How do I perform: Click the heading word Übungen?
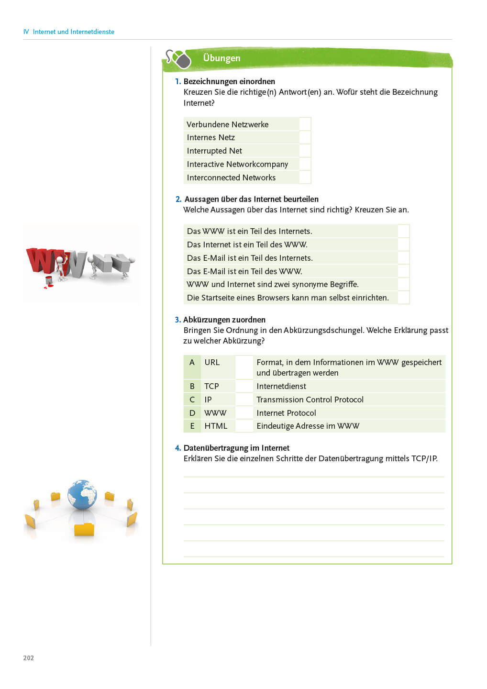pyautogui.click(x=221, y=58)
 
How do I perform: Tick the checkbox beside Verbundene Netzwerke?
pyautogui.click(x=305, y=124)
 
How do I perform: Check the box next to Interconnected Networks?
pyautogui.click(x=305, y=178)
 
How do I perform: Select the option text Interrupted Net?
pyautogui.click(x=214, y=151)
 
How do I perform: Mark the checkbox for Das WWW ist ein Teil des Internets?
pyautogui.click(x=404, y=231)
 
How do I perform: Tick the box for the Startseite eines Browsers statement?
pyautogui.click(x=404, y=298)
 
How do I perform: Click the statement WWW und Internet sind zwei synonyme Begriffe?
pyautogui.click(x=273, y=284)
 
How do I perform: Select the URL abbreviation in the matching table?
pyautogui.click(x=212, y=362)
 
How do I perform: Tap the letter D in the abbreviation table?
pyautogui.click(x=192, y=413)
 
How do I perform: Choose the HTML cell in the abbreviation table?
pyautogui.click(x=216, y=426)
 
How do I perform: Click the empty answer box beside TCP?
pyautogui.click(x=244, y=386)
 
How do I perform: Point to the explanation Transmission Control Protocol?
pyautogui.click(x=310, y=400)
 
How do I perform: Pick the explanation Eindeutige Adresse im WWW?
pyautogui.click(x=308, y=426)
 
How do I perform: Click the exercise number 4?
pyautogui.click(x=177, y=448)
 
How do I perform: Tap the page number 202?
pyautogui.click(x=29, y=658)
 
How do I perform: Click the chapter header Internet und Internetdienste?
pyautogui.click(x=73, y=32)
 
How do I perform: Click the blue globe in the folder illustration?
pyautogui.click(x=82, y=495)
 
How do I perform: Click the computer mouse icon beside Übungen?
pyautogui.click(x=180, y=60)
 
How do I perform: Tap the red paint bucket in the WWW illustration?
pyautogui.click(x=49, y=280)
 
